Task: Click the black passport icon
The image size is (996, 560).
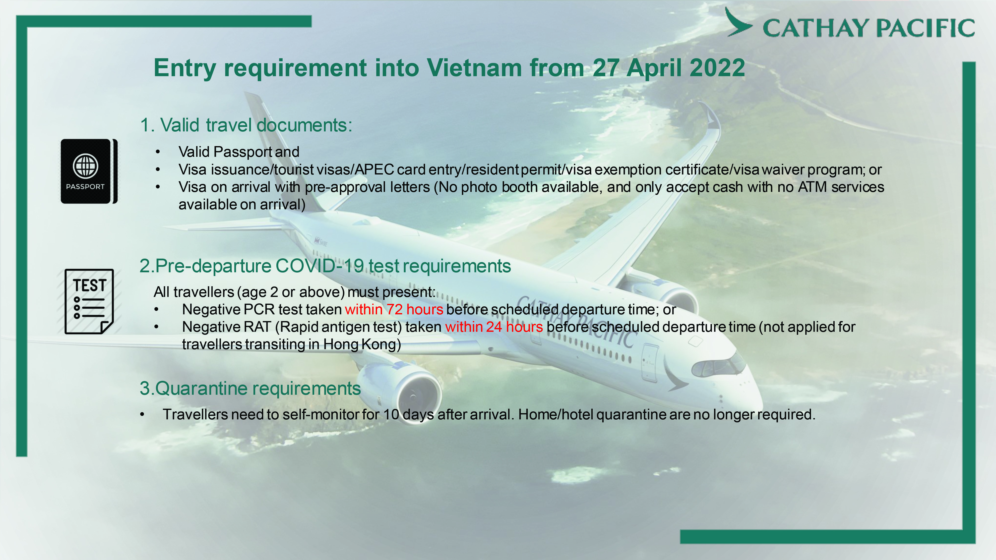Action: [x=89, y=171]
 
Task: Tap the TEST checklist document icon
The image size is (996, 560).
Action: [x=89, y=301]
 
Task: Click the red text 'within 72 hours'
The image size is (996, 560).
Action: [x=394, y=310]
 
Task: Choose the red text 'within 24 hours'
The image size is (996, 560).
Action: [x=494, y=327]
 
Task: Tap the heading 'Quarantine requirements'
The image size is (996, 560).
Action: [x=258, y=389]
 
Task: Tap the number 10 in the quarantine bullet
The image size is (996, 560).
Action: [x=391, y=415]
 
